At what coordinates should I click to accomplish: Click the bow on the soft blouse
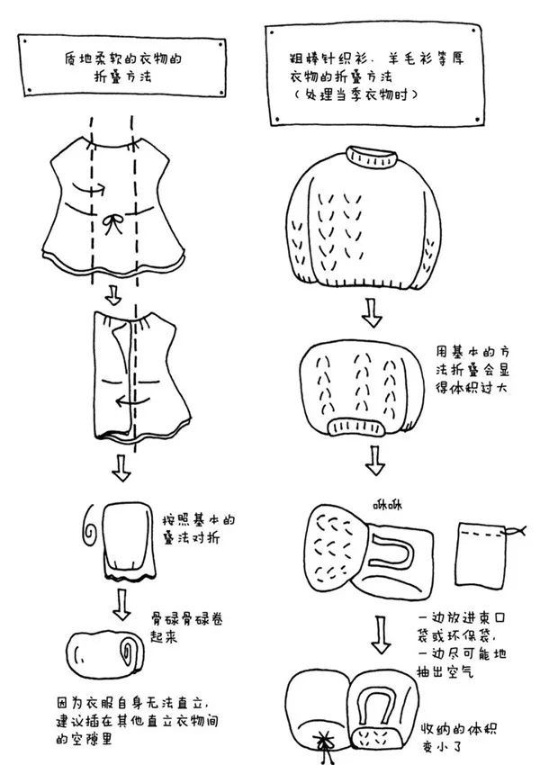coord(113,224)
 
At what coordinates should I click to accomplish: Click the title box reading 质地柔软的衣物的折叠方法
coord(122,66)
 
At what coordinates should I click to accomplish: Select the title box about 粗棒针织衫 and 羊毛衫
coord(375,74)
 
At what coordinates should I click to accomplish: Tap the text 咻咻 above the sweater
coord(387,505)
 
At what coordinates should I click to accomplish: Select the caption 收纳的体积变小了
coord(458,737)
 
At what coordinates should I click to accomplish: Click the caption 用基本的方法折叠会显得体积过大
coord(472,369)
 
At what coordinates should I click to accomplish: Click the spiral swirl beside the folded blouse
coord(91,526)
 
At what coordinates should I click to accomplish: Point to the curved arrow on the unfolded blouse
coord(88,187)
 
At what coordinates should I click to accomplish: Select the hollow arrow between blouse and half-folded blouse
coord(113,295)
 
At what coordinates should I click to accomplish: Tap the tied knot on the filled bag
coord(323,744)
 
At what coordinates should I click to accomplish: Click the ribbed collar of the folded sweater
coord(355,427)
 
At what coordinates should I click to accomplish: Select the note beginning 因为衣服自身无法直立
coord(137,721)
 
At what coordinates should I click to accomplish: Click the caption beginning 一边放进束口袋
coord(462,645)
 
